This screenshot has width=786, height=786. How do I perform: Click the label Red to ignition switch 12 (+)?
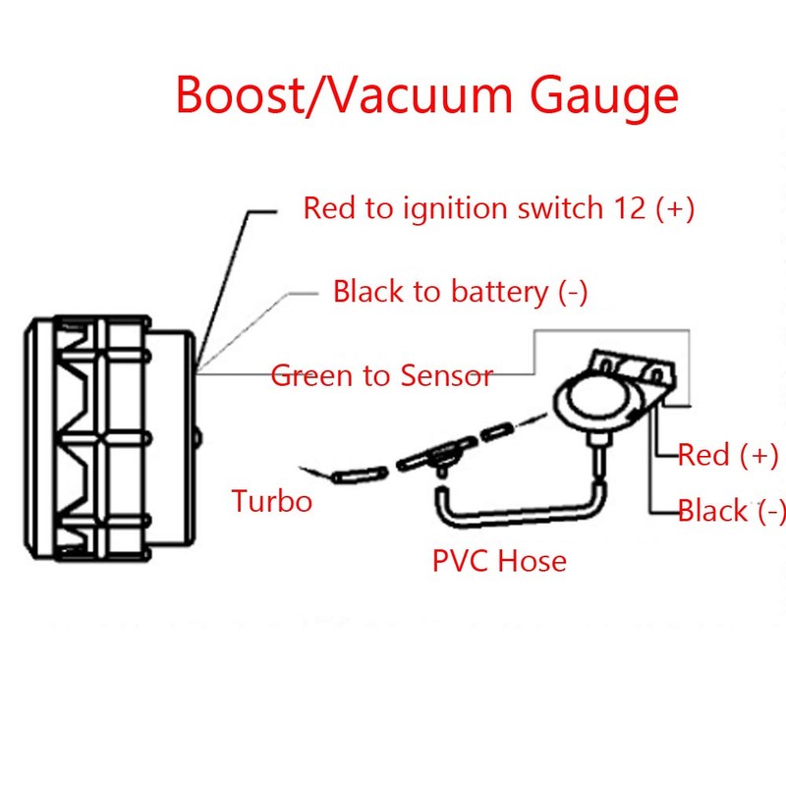pos(499,208)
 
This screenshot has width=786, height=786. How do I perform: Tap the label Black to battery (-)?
pos(460,292)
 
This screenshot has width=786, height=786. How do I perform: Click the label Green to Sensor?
pos(381,375)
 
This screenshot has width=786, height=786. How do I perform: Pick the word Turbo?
pos(271,501)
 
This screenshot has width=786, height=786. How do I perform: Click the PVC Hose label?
pos(499,561)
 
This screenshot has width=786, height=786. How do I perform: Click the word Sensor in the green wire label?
pos(447,375)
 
